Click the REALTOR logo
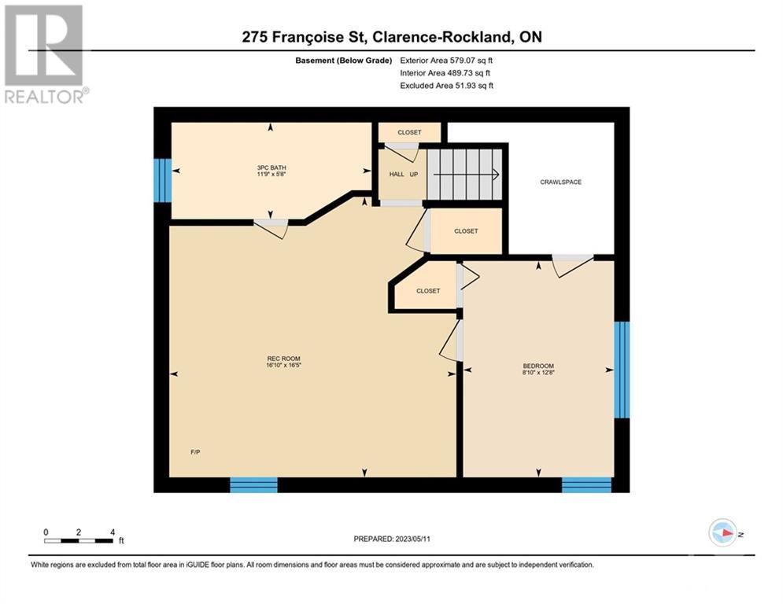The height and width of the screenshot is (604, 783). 46,54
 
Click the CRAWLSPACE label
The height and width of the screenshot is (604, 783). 560,182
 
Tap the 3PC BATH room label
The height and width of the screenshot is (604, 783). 271,168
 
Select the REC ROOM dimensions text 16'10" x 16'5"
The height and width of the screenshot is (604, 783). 283,365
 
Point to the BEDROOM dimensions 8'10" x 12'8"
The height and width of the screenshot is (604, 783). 538,372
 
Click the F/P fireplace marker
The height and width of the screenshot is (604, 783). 195,452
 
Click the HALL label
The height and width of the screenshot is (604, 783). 397,175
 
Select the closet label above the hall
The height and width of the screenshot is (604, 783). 409,132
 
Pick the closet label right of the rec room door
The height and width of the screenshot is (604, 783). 466,231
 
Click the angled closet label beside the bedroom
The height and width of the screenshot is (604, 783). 428,290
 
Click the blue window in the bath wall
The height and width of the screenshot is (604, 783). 162,180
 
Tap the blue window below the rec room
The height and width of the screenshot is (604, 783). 253,484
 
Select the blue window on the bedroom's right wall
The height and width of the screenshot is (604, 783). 622,370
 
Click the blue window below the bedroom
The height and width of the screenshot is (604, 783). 587,484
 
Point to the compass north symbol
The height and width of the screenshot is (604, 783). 723,532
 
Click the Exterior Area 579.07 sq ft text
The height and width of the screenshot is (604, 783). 446,61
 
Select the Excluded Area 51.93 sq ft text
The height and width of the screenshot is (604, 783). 446,86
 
